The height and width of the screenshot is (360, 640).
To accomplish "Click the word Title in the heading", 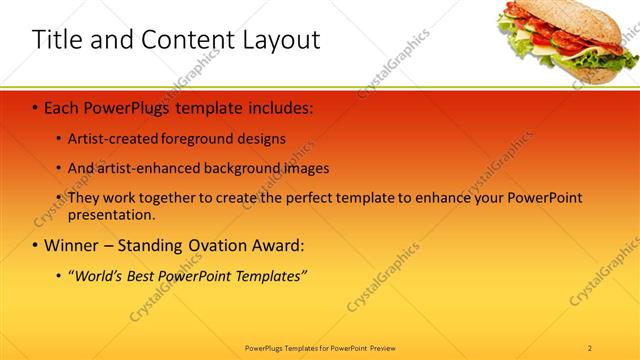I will click(x=58, y=40).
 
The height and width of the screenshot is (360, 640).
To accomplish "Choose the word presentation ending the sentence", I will click(x=110, y=214).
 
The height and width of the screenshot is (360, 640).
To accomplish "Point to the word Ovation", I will click(x=219, y=244).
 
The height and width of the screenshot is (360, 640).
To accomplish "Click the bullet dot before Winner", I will click(x=35, y=245).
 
